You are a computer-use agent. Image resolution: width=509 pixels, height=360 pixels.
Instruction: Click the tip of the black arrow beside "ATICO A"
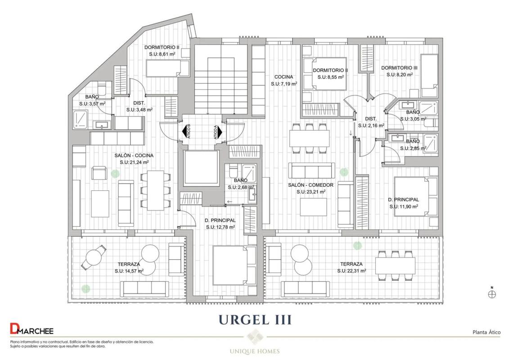point(222,132)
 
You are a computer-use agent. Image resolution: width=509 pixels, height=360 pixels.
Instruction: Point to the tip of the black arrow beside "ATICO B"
point(182,132)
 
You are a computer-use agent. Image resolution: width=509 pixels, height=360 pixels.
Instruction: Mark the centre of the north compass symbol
point(492,294)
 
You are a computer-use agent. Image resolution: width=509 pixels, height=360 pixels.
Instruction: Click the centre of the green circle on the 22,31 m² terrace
point(357,246)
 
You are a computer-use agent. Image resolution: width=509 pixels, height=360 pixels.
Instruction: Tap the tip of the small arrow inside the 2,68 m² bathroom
point(227,202)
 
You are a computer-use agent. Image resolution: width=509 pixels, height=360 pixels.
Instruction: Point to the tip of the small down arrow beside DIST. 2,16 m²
point(351,135)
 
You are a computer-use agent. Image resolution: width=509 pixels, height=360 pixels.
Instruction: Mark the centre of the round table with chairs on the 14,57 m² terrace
point(94,257)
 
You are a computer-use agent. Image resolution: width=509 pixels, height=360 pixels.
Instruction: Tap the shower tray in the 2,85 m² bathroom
point(429,143)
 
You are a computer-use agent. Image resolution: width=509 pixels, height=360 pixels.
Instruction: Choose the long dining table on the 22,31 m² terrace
point(395,265)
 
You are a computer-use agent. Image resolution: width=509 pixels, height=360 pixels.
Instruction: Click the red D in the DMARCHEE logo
point(14,328)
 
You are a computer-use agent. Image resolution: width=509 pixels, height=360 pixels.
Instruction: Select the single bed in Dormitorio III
point(429,75)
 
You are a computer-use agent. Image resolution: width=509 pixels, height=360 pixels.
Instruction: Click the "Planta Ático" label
point(486,332)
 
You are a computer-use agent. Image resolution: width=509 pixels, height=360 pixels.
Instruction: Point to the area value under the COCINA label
point(284,84)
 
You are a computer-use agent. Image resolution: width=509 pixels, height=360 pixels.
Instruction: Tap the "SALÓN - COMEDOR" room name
point(311,185)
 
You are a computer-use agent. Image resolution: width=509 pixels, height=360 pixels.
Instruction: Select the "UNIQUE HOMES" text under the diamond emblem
point(255,351)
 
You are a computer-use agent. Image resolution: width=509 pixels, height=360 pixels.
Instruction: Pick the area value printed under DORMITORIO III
point(400,75)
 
